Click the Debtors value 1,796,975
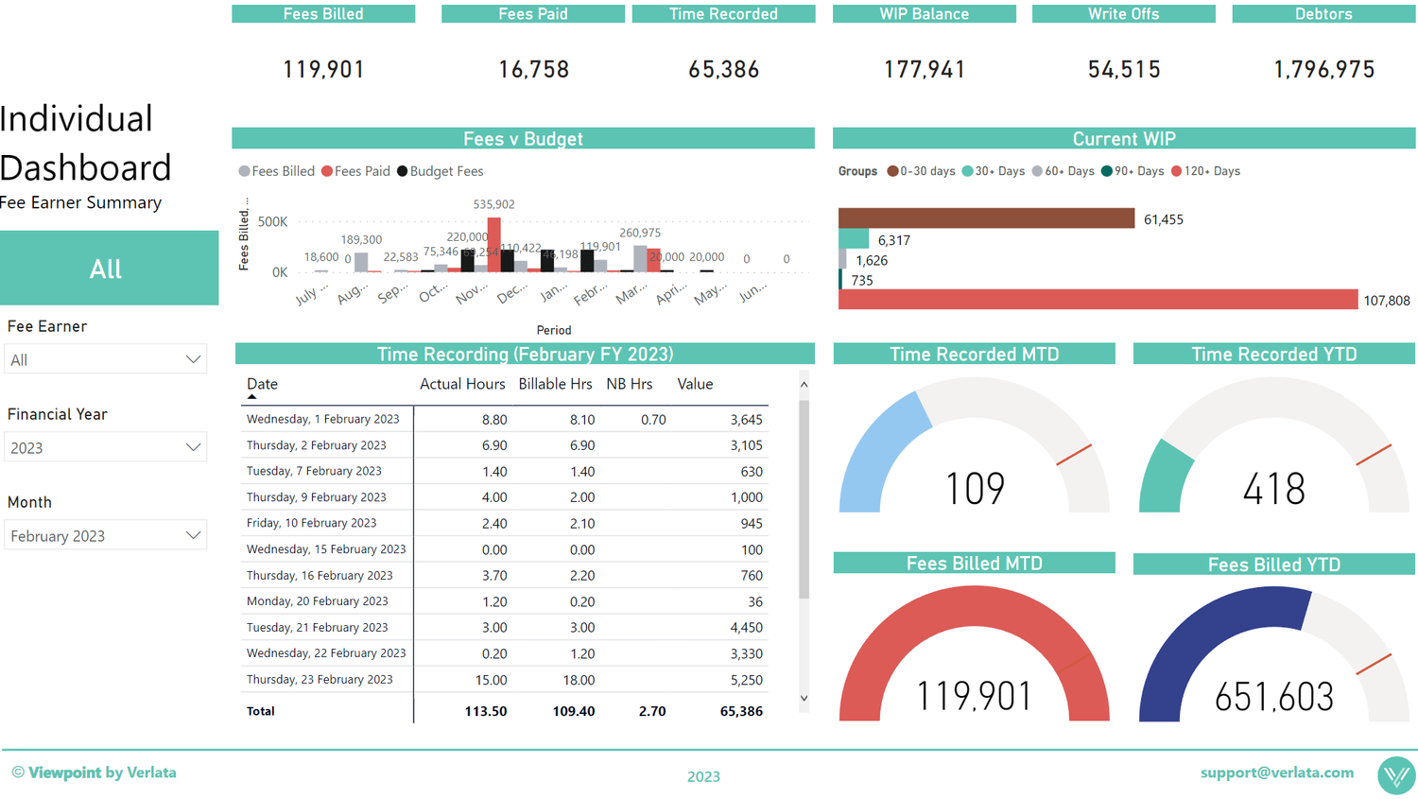click(1323, 69)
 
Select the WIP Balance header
click(924, 14)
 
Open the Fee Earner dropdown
click(105, 359)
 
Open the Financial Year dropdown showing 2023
click(105, 447)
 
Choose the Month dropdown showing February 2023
click(105, 535)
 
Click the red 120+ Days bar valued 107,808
click(1097, 300)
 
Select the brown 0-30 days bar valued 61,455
click(985, 218)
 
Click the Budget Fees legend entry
click(445, 171)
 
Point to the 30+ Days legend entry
click(998, 171)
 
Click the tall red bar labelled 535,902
click(493, 244)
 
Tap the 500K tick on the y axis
click(272, 221)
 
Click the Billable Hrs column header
click(555, 384)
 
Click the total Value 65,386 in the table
click(740, 711)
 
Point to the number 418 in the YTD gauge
click(1273, 489)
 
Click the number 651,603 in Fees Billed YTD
click(1273, 697)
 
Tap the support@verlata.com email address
click(1276, 773)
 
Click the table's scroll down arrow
click(804, 699)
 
